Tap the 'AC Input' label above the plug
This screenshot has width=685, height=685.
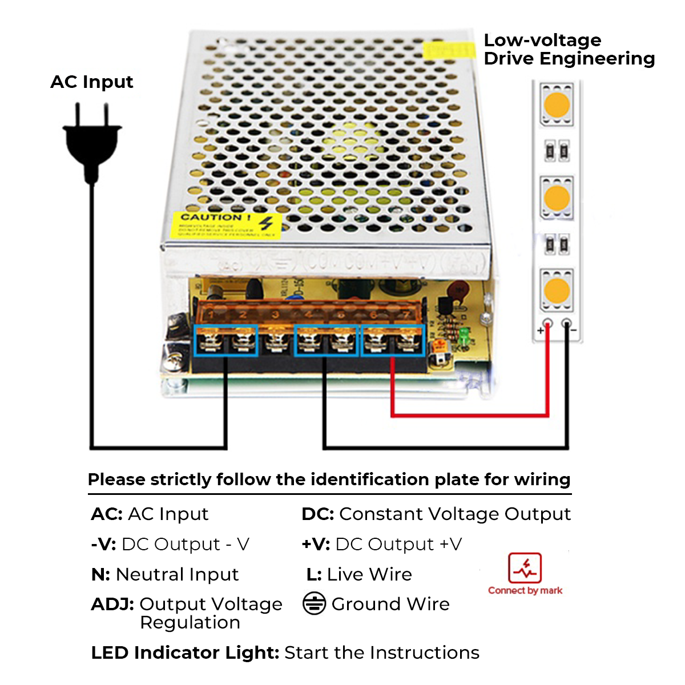point(91,82)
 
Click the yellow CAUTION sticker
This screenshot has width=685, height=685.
point(226,225)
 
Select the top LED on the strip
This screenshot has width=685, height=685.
point(557,104)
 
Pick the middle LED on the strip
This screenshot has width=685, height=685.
point(557,198)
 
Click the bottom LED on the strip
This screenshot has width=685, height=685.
point(557,291)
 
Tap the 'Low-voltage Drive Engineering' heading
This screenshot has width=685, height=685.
point(569,50)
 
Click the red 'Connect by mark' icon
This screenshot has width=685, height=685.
point(525,568)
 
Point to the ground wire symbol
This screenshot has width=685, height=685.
point(314,604)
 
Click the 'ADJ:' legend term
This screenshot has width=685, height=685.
point(112,604)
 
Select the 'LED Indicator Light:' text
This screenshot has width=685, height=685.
point(185,652)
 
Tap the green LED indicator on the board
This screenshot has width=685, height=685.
point(464,336)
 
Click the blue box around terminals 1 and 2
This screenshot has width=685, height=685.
point(227,340)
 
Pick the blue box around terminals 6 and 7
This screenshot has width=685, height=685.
point(393,340)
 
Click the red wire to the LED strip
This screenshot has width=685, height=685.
point(468,415)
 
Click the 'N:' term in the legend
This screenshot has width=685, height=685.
point(100,574)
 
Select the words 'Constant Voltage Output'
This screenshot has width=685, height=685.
point(455,514)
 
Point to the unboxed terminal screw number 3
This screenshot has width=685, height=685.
point(276,341)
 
